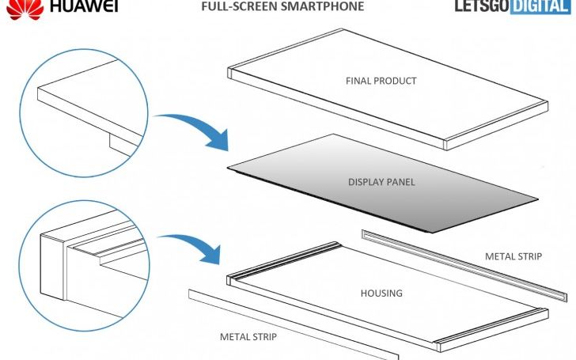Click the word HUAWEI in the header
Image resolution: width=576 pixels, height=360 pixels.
(84, 7)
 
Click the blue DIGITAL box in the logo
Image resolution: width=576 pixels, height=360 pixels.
(540, 7)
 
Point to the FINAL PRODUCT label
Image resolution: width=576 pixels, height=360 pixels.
(381, 81)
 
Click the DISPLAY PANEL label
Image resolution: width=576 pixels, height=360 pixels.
(381, 182)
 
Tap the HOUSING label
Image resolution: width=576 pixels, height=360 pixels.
(381, 293)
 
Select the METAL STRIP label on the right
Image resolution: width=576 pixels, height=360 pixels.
(515, 256)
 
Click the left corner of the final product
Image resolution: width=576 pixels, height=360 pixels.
(232, 74)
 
